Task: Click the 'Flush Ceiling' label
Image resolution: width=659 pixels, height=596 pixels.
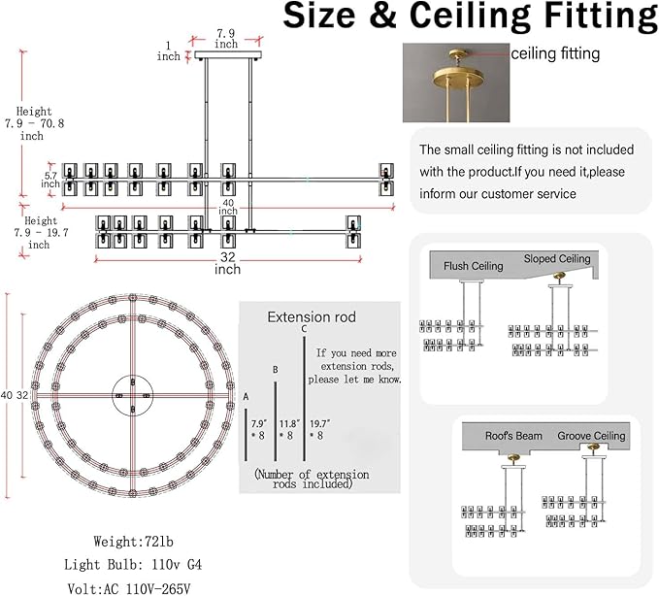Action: click(x=474, y=266)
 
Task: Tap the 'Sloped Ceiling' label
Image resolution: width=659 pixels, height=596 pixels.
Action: click(x=557, y=259)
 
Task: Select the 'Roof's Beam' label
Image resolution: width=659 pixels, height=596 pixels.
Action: click(x=513, y=436)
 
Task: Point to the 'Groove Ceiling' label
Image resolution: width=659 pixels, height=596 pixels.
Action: click(x=591, y=436)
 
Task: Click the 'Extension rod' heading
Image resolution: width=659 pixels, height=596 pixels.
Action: click(x=312, y=316)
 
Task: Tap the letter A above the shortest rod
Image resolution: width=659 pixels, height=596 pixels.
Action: click(x=246, y=396)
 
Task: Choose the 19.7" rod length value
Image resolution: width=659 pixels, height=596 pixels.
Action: click(x=320, y=423)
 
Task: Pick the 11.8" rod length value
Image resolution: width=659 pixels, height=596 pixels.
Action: click(x=289, y=423)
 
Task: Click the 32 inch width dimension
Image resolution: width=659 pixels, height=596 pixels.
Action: click(x=227, y=263)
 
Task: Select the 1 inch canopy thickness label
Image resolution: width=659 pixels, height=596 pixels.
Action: click(x=169, y=50)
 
